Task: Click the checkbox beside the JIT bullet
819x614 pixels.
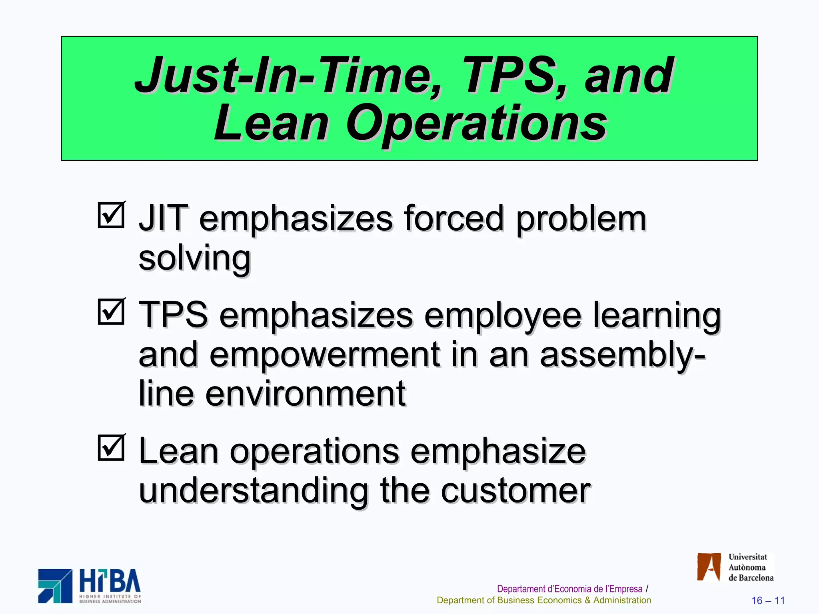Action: (111, 215)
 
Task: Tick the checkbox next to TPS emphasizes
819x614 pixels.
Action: (111, 311)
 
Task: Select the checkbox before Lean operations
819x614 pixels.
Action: (111, 448)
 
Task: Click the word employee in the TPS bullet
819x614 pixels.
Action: (502, 315)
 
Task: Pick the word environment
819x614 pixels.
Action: (306, 394)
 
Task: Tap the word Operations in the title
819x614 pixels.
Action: (476, 123)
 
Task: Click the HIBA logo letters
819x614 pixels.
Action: (110, 581)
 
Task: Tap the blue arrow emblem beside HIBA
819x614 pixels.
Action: (55, 586)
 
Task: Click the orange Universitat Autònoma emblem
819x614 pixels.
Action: (709, 566)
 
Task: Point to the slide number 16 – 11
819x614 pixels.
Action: (768, 600)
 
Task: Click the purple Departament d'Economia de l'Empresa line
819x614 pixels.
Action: (569, 589)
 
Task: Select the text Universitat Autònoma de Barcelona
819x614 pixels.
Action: (750, 567)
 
